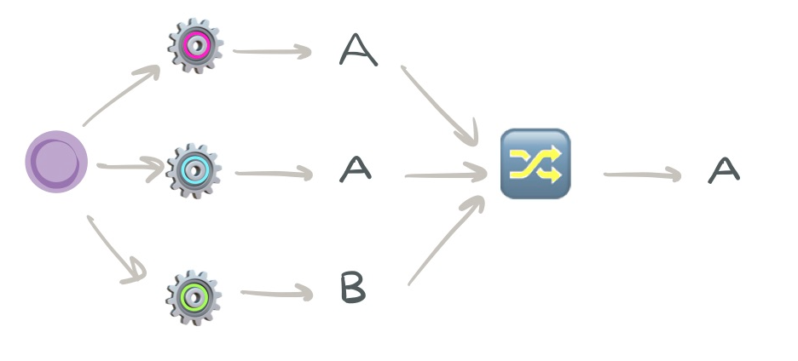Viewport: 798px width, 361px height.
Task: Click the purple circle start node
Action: (x=56, y=161)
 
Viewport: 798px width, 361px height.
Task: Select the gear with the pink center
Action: (x=194, y=44)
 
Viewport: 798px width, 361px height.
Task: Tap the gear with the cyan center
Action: (x=194, y=170)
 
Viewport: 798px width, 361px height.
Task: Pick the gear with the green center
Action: (x=194, y=296)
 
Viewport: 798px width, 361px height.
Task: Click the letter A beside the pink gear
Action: (x=358, y=51)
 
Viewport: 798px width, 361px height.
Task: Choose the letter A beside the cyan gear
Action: (x=356, y=169)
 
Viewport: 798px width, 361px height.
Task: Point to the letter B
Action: (x=353, y=289)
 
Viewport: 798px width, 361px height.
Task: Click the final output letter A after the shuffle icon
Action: (x=724, y=170)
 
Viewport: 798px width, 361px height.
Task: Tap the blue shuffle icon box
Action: (x=535, y=163)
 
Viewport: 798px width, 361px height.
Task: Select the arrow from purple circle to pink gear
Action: (x=122, y=95)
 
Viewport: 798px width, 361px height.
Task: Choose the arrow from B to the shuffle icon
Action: (x=446, y=240)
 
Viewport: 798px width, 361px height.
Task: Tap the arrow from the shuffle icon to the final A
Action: (x=642, y=175)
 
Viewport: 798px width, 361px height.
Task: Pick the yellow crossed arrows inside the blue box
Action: (x=535, y=164)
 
